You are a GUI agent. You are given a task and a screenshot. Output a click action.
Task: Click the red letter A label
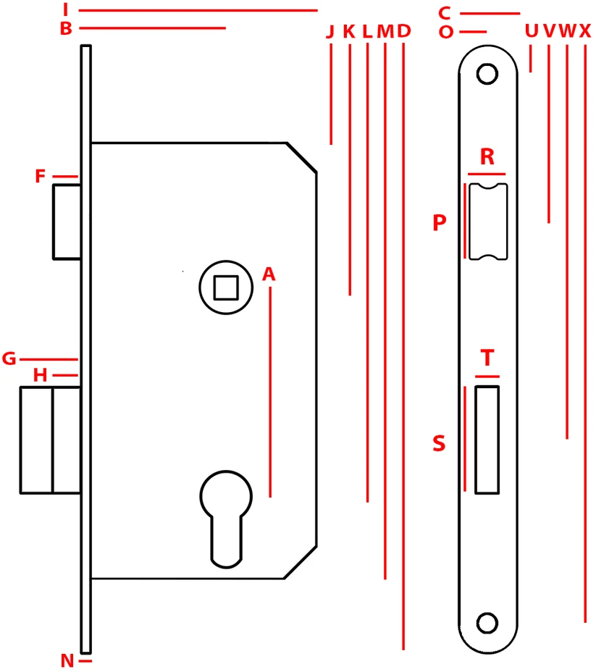[x=269, y=274]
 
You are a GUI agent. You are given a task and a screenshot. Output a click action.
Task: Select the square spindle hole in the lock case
[x=226, y=287]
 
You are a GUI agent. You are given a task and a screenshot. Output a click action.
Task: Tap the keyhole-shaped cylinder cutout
[x=226, y=519]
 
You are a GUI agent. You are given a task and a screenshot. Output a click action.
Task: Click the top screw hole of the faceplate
[x=487, y=74]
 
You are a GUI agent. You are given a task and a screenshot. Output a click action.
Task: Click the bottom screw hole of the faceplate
[x=487, y=623]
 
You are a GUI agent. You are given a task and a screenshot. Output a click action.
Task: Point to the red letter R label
[x=487, y=156]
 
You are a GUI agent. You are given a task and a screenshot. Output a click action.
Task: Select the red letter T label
[x=487, y=358]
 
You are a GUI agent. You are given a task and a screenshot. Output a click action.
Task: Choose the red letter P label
[x=440, y=223]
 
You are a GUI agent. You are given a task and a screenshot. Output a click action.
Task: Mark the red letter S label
[x=439, y=443]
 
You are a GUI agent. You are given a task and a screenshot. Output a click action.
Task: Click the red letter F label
[x=41, y=176]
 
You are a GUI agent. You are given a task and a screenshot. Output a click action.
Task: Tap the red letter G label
[x=9, y=358]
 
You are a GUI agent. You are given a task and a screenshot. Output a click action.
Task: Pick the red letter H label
[x=41, y=375]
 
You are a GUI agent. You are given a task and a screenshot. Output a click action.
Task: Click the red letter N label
[x=67, y=660]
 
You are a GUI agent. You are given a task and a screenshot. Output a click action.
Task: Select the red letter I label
[x=66, y=9]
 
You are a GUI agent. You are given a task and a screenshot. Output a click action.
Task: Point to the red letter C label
[x=445, y=13]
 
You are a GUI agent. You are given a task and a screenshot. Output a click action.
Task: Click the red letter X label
[x=585, y=31]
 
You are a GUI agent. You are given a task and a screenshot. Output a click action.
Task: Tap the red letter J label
[x=330, y=32]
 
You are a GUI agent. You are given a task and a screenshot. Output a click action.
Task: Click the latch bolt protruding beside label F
[x=67, y=222]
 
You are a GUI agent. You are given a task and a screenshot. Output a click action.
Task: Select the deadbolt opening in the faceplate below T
[x=487, y=440]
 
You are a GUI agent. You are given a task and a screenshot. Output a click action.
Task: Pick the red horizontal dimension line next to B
[x=153, y=28]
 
